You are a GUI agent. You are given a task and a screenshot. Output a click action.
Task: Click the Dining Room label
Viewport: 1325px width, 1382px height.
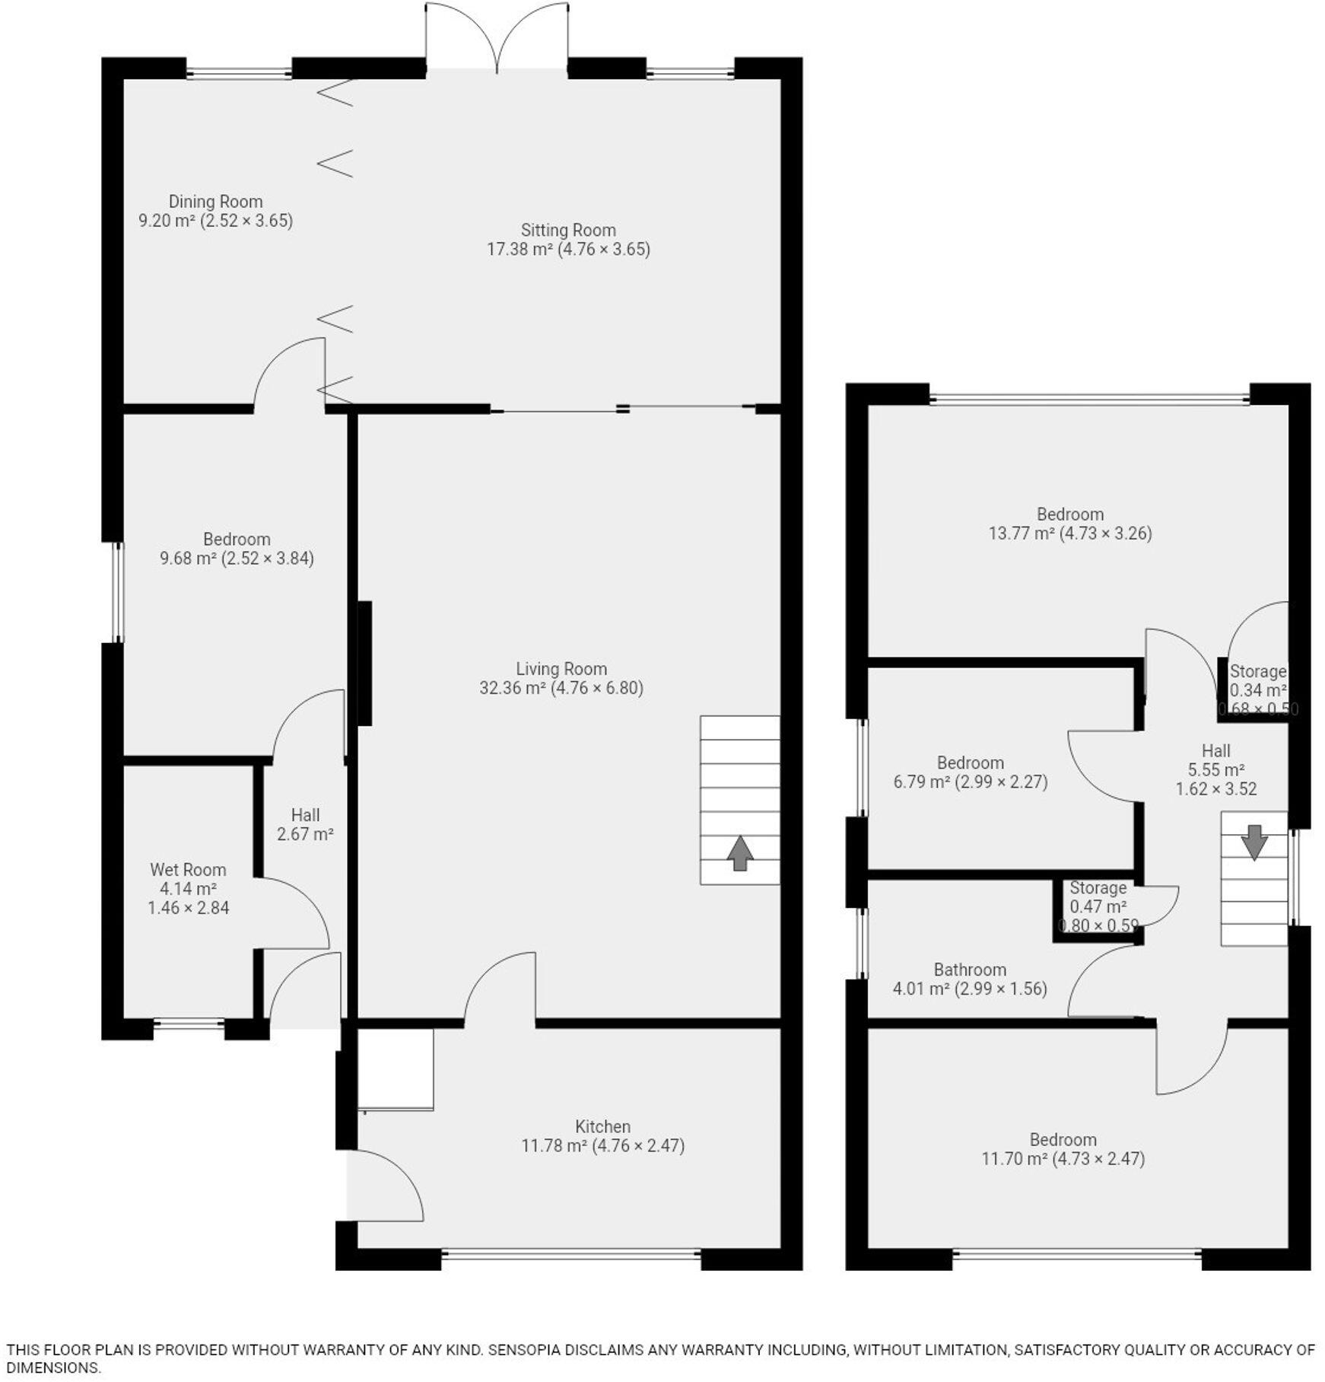click(215, 202)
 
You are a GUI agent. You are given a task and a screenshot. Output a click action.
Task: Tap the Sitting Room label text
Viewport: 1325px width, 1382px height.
click(568, 230)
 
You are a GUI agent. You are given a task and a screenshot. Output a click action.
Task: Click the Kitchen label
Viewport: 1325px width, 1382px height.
click(602, 1126)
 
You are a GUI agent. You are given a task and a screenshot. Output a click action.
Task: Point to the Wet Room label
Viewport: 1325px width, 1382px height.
click(188, 870)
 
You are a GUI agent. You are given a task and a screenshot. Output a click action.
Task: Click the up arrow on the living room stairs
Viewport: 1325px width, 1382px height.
click(739, 853)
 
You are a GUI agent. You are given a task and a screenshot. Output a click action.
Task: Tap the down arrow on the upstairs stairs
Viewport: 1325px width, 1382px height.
click(1254, 842)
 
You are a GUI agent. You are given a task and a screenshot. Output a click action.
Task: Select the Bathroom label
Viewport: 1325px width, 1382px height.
click(970, 970)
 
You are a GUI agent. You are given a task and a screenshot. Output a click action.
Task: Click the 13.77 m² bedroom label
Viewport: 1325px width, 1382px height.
click(1070, 514)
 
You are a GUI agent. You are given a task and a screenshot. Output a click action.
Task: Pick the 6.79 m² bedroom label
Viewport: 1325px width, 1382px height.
click(970, 763)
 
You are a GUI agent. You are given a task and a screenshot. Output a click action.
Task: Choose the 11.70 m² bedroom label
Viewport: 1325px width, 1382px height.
click(1063, 1139)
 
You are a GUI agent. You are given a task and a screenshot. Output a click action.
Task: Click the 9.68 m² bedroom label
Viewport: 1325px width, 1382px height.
click(237, 540)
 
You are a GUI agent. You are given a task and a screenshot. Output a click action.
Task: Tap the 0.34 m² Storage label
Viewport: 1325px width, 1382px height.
click(1257, 672)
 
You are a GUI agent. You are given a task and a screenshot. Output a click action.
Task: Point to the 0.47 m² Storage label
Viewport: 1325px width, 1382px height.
click(1098, 888)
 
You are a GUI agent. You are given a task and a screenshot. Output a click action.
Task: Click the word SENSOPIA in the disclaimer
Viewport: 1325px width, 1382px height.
click(523, 1350)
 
